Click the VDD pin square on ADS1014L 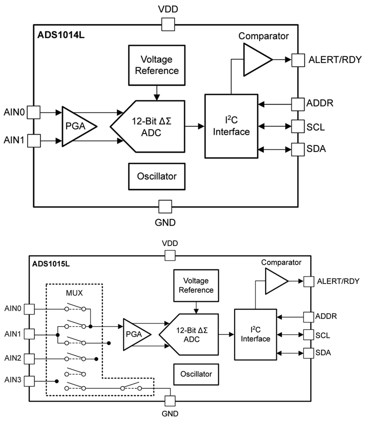pos(168,25)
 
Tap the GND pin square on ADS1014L pos(165,207)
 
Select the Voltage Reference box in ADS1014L pos(156,65)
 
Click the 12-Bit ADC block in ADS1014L pos(150,126)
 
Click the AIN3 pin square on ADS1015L pos(29,381)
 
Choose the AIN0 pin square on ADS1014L pos(34,113)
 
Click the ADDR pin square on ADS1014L pos(298,104)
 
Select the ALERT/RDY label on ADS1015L pos(338,281)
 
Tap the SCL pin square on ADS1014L pos(298,126)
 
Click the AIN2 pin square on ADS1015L pos(29,359)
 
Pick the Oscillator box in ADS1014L pos(156,176)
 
